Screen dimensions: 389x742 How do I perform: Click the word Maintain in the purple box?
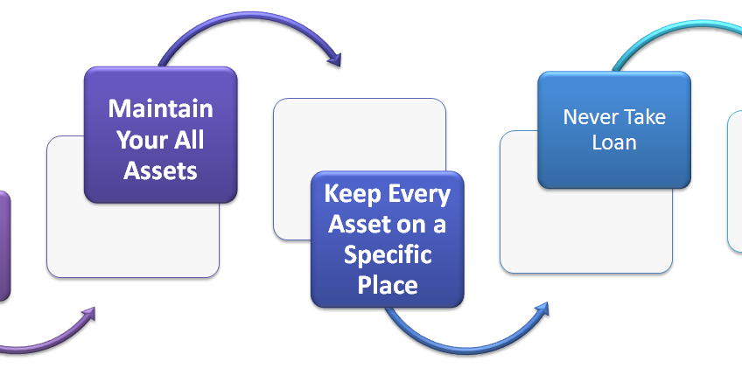[x=160, y=108]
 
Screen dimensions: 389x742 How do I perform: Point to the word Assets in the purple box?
[x=160, y=170]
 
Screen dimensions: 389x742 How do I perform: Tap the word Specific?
[x=387, y=254]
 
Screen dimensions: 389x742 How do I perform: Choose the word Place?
[x=387, y=284]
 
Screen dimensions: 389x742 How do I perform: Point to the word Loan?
[x=613, y=142]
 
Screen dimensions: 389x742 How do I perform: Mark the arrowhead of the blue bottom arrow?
[x=542, y=309]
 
